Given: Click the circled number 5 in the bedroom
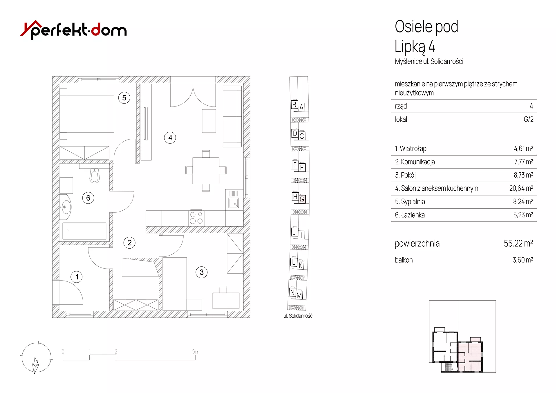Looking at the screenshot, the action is [x=124, y=98].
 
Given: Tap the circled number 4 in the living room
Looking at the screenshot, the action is [x=170, y=138].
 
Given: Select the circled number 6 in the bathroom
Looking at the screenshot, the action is [x=88, y=198].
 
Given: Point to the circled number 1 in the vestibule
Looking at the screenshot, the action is [x=77, y=277].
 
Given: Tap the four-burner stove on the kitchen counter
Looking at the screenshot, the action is [x=196, y=218].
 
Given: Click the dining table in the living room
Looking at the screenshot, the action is [x=206, y=170].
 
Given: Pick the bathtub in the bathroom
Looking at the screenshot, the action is [x=84, y=231].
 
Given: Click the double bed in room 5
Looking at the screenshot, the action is [x=86, y=114].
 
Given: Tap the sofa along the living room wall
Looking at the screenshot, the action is [x=232, y=116].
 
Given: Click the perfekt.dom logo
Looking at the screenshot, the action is [x=73, y=30].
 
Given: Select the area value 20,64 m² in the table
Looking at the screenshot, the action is [x=521, y=188].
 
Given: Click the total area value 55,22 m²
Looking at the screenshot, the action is [x=518, y=243].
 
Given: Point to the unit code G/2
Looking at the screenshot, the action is [x=529, y=119].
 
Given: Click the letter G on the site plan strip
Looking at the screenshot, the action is [x=302, y=199].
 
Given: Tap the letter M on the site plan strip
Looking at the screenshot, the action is [x=299, y=295].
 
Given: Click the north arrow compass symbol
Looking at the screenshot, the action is [x=36, y=358].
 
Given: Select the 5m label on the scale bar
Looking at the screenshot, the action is [x=196, y=352].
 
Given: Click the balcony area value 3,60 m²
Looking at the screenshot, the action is [x=523, y=260].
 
